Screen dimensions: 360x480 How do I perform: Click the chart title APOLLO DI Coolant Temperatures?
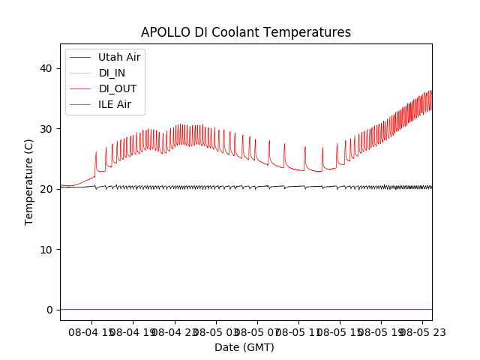246,33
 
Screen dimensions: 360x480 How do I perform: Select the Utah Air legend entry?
119,57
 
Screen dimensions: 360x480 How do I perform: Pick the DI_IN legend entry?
113,73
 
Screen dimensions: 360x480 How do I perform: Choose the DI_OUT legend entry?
118,88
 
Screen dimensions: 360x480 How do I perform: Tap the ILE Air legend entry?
115,104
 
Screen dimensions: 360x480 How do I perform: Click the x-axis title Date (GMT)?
244,347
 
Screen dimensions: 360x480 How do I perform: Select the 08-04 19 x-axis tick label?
133,331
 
